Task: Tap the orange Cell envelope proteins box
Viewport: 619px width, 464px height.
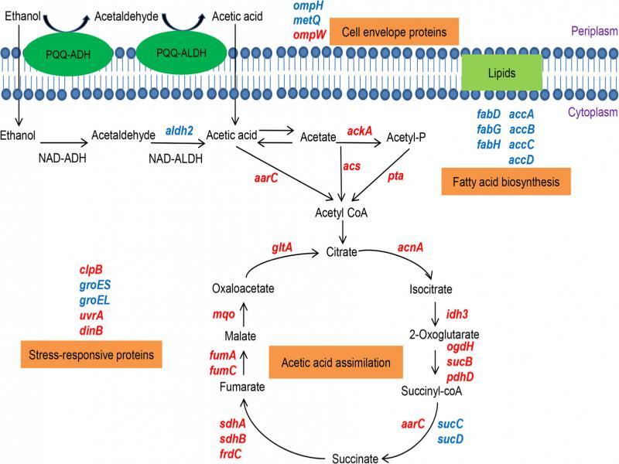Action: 394,32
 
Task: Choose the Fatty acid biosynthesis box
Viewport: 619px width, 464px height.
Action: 505,183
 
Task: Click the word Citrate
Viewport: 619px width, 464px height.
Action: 342,253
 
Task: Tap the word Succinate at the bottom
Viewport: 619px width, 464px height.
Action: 355,458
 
